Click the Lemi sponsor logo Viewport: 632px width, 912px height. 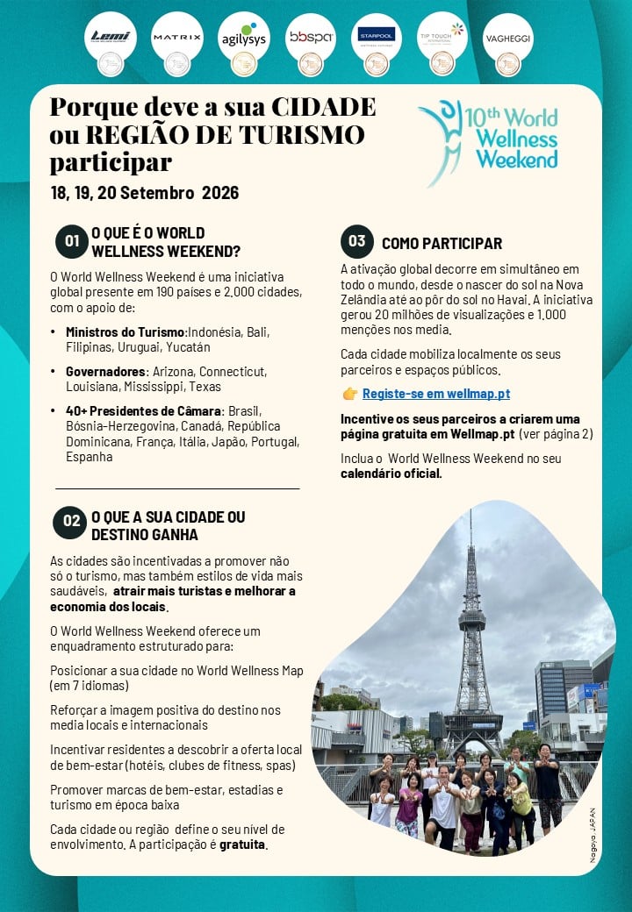tap(110, 37)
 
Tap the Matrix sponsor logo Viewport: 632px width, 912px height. tap(176, 37)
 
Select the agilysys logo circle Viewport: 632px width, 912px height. tap(243, 38)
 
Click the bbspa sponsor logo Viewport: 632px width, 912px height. tap(310, 37)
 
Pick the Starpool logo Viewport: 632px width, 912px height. tap(377, 37)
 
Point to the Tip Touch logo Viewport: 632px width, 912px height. tap(442, 37)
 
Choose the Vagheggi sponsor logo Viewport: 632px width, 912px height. tap(508, 38)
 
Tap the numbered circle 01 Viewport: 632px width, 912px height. tap(71, 242)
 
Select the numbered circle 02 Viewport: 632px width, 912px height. tap(69, 523)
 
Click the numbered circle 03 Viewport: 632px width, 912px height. tap(357, 242)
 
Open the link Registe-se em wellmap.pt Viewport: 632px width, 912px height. tap(435, 394)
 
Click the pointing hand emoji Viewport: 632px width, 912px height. tap(349, 394)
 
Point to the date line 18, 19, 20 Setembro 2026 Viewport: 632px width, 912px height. tap(145, 193)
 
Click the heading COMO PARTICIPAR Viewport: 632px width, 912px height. tap(442, 244)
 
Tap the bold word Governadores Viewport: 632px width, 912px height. tap(105, 371)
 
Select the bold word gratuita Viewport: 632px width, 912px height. tap(242, 845)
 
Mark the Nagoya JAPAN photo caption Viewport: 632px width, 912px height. tap(593, 836)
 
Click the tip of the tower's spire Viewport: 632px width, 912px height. tap(470, 510)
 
